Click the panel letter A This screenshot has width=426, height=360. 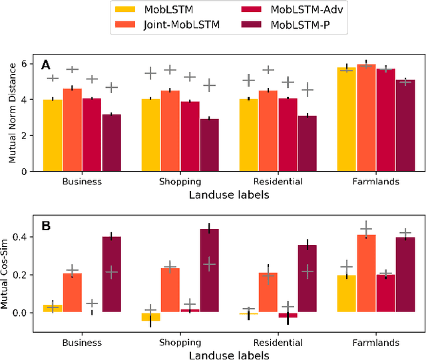point(46,65)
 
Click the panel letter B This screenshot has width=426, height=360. point(46,226)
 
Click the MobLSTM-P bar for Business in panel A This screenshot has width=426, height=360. point(111,142)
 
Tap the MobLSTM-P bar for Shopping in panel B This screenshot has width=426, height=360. point(209,270)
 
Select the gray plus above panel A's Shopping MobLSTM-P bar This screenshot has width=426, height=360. point(209,85)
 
